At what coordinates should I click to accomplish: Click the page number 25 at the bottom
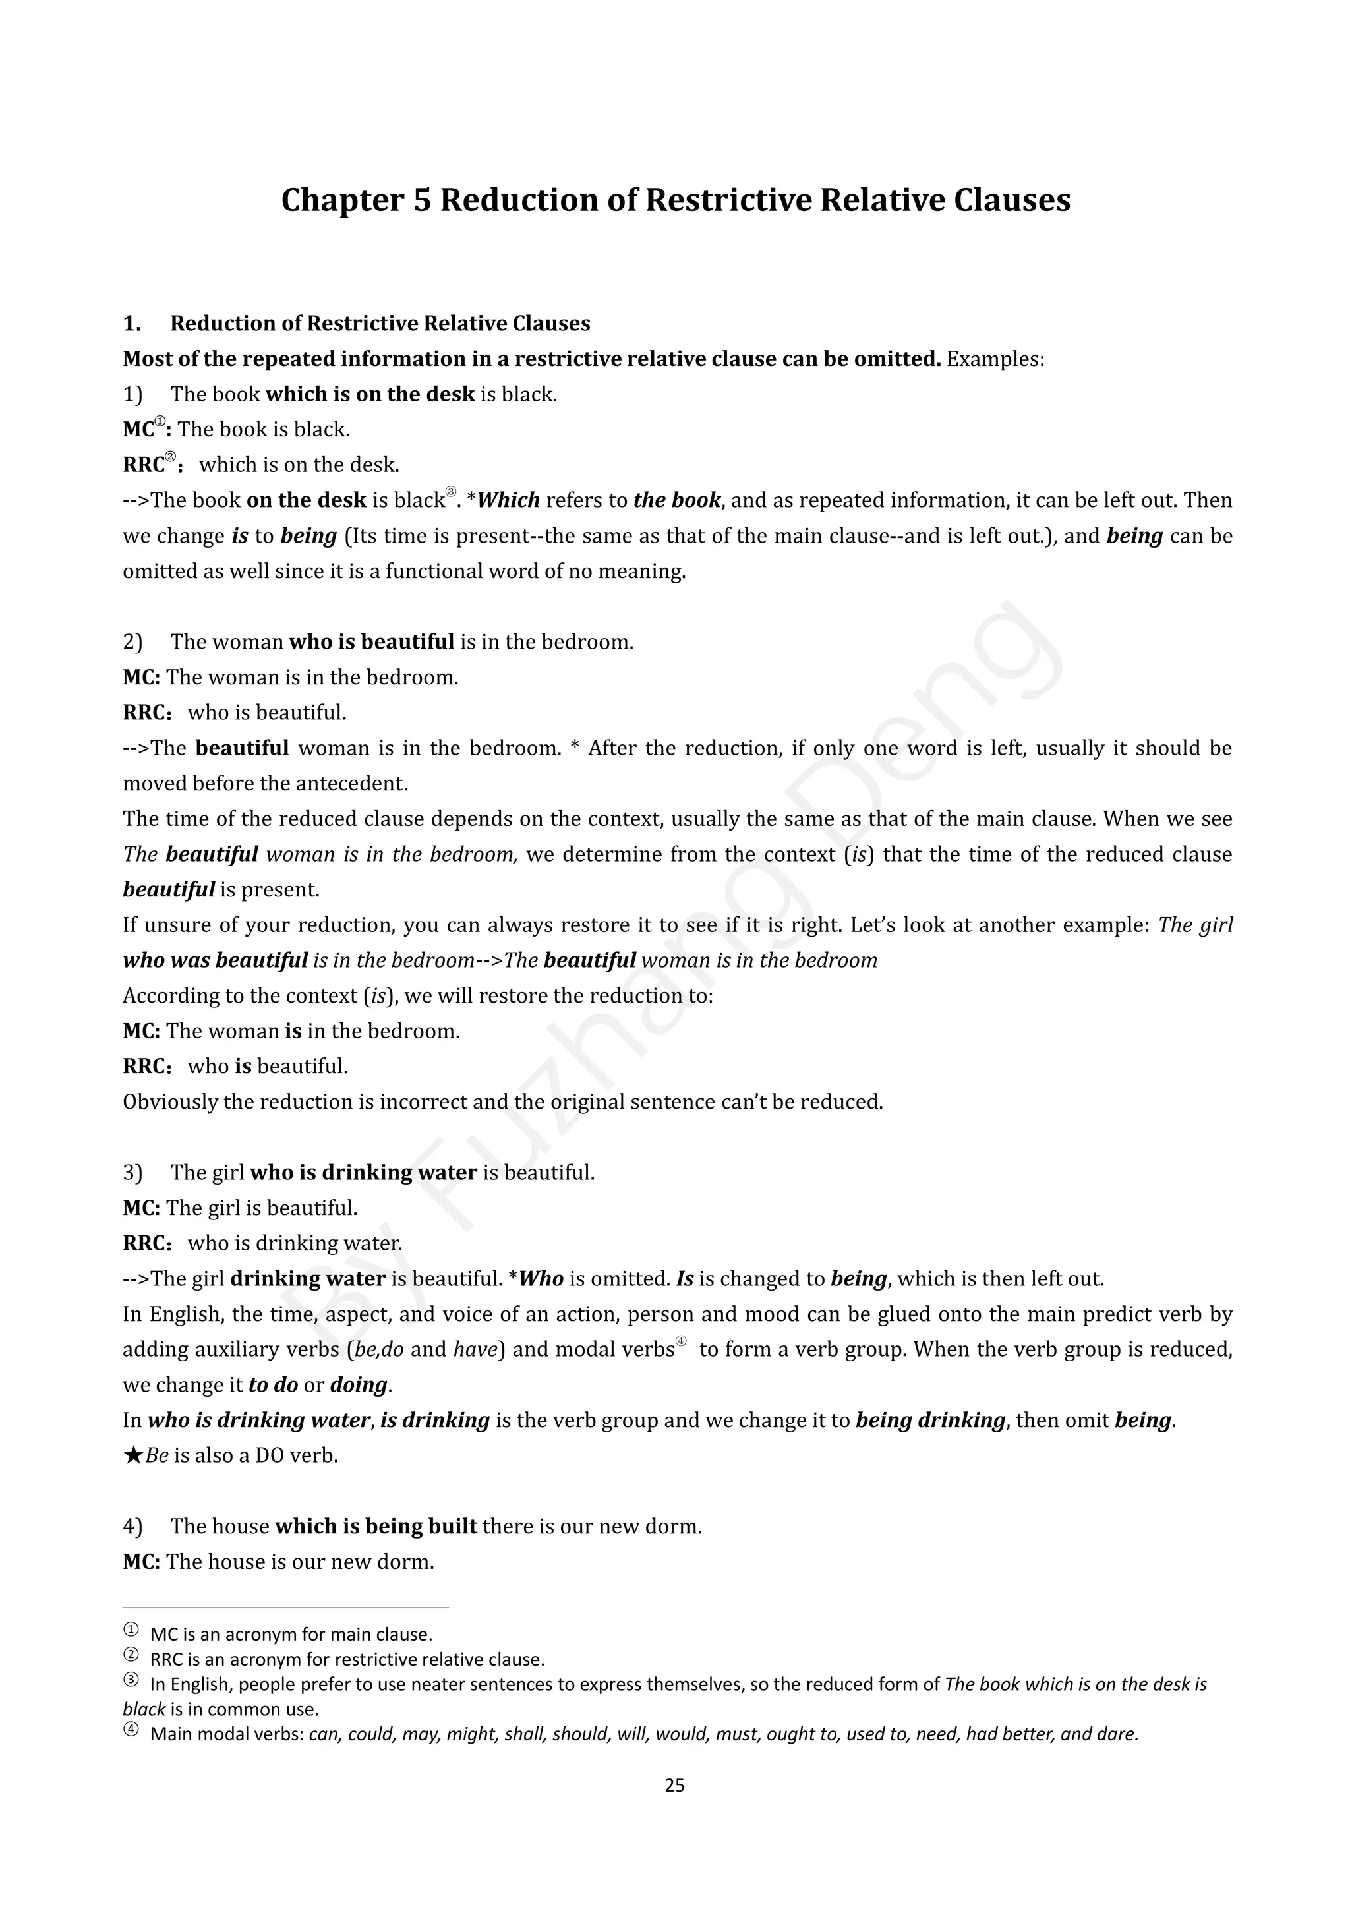(674, 1785)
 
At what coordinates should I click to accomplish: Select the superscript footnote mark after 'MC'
(160, 423)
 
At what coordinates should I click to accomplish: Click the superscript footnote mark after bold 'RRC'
(171, 457)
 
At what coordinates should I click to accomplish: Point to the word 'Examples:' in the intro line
(995, 359)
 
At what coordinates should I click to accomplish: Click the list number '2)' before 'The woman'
(133, 642)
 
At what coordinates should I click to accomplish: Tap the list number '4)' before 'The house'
(133, 1527)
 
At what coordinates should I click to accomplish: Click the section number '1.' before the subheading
(132, 324)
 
